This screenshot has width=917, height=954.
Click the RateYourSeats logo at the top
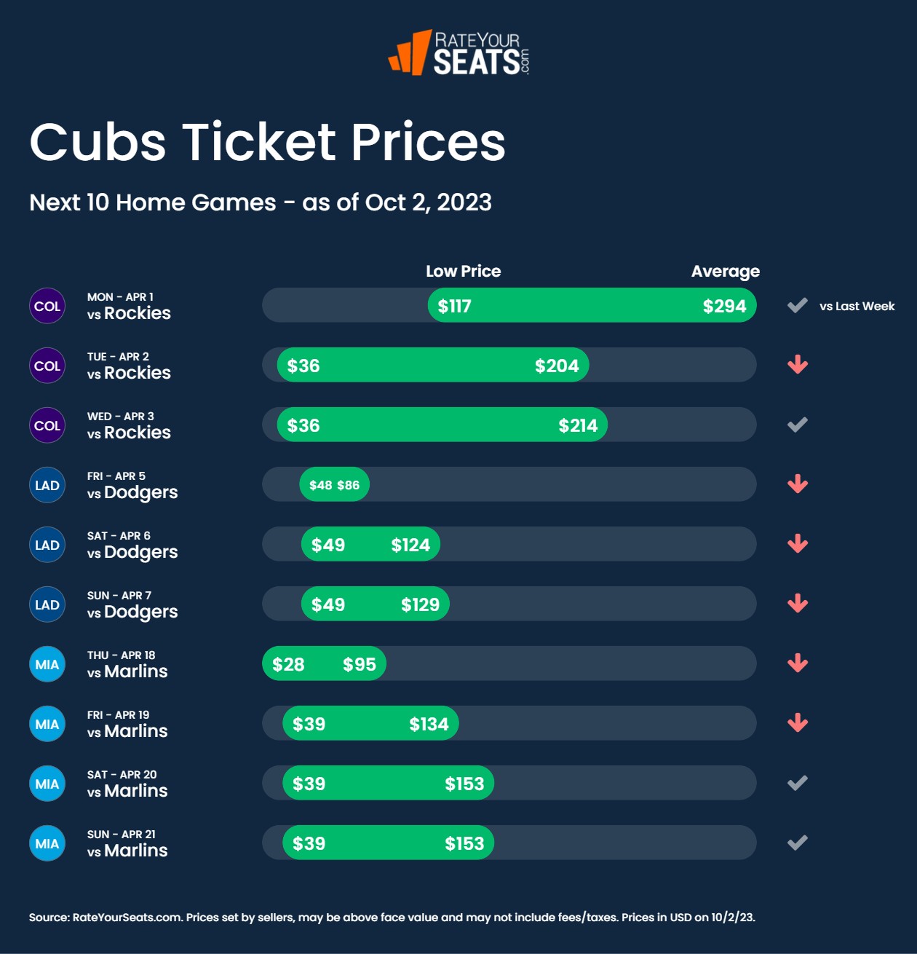point(458,52)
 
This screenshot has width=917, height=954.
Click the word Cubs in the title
point(98,142)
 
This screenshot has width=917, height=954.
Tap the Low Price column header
point(463,272)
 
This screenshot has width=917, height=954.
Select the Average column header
point(725,272)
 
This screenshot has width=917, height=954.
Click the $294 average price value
point(724,307)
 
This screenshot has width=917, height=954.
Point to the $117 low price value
point(454,307)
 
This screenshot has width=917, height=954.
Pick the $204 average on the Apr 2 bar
point(557,366)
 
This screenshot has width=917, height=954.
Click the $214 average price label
point(578,426)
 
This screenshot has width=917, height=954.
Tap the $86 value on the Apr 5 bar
point(348,486)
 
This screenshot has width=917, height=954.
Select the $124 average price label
point(410,545)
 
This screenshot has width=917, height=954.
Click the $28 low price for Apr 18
point(288,665)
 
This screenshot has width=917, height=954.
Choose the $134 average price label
point(429,725)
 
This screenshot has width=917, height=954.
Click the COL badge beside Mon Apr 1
point(47,307)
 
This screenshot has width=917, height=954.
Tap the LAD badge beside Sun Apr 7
point(47,605)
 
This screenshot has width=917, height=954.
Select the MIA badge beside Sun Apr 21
point(47,844)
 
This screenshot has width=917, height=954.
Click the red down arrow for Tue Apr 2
point(798,365)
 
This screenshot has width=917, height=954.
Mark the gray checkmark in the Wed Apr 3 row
point(798,425)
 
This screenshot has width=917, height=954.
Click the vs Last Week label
point(857,307)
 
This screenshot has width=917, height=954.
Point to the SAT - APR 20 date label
point(122,775)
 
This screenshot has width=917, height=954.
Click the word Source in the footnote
point(48,918)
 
